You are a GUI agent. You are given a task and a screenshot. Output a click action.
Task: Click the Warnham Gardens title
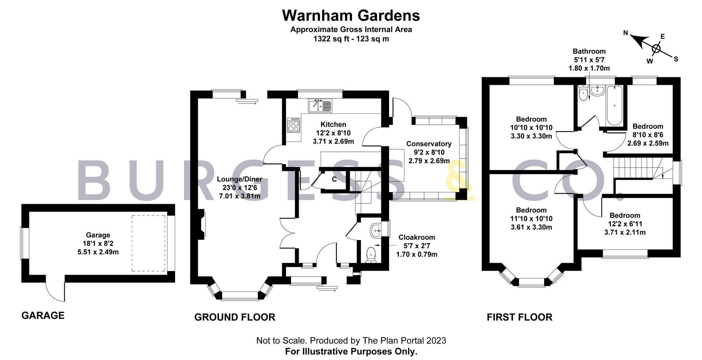pos(351,16)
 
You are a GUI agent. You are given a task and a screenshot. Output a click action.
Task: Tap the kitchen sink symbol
pos(320,106)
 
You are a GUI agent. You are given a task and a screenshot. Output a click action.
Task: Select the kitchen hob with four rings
pos(294,125)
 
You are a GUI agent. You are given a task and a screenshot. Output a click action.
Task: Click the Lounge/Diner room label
pos(239,179)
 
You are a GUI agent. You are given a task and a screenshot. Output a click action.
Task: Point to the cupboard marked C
pos(334,180)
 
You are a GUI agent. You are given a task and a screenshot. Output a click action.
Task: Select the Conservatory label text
pos(429,144)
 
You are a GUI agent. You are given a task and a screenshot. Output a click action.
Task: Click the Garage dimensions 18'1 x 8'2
pos(98,243)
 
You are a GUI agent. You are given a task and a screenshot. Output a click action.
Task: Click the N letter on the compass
pos(626,33)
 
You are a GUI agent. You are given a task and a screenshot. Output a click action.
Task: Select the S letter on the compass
pos(676,59)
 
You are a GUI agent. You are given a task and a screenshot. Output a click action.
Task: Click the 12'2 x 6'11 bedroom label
pos(624,224)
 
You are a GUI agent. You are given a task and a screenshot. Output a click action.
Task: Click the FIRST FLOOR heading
pos(519,317)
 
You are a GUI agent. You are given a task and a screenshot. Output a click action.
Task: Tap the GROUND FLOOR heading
pos(234,317)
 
